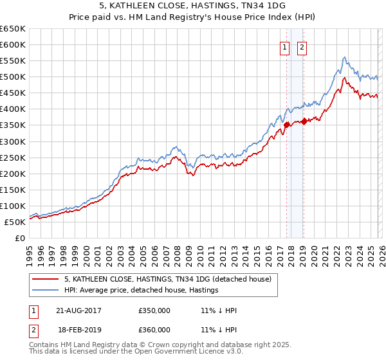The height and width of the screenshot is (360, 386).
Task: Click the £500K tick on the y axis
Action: pos(13,77)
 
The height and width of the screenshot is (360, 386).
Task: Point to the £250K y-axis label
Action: pos(13,157)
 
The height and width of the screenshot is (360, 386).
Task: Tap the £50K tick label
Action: pos(15,222)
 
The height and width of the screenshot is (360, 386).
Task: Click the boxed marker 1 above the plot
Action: pos(284,46)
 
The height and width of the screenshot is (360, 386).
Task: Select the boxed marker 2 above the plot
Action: pos(302,46)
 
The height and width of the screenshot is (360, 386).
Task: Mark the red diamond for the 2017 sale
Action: pos(286,125)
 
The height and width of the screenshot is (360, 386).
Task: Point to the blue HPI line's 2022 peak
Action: pos(345,57)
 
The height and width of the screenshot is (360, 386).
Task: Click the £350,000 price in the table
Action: pos(154,310)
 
